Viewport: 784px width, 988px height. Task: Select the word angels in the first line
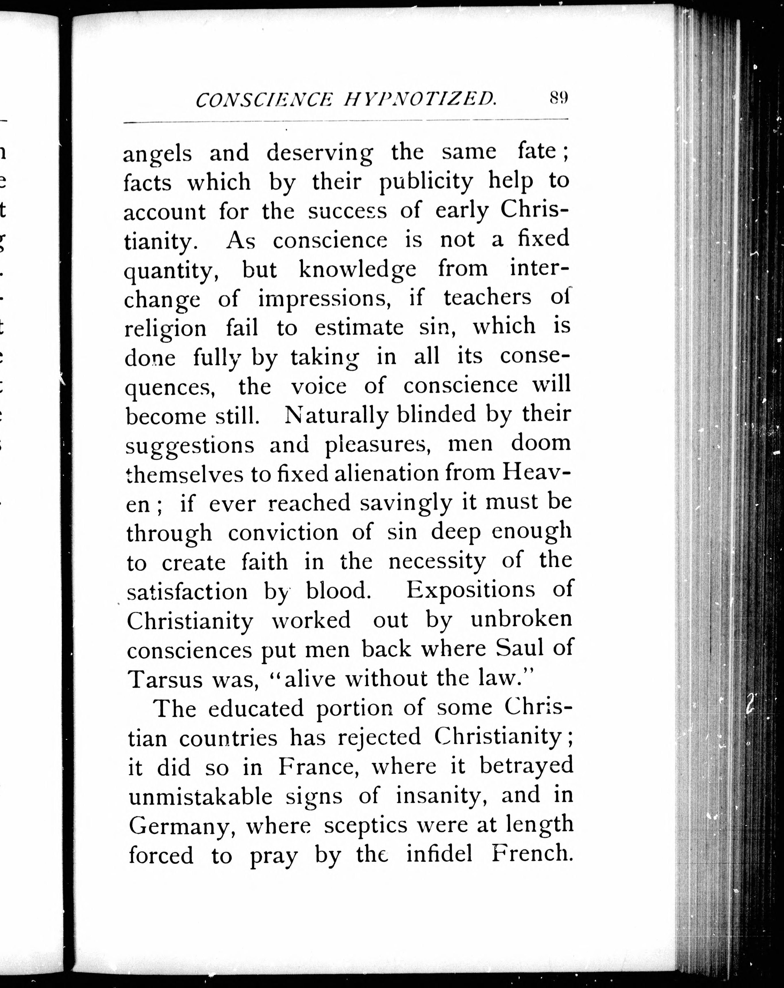(157, 154)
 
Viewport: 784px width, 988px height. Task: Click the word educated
(256, 709)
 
